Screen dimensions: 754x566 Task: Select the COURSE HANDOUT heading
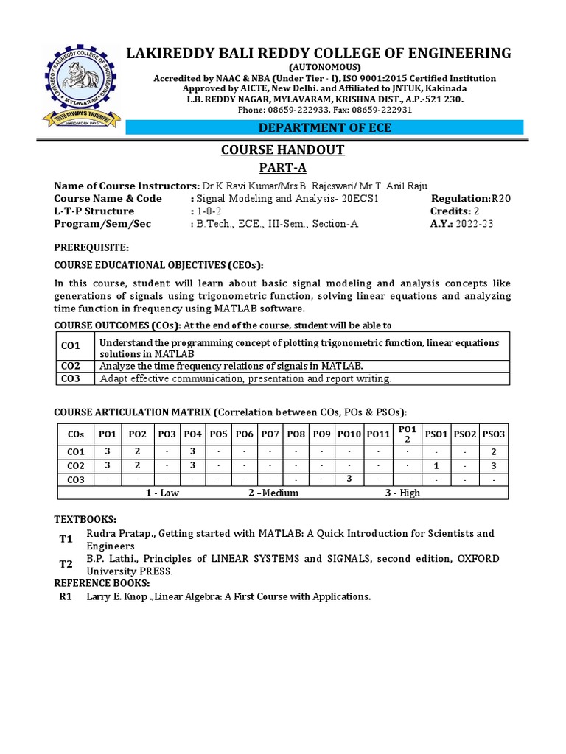283,150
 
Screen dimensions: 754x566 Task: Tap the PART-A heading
283,169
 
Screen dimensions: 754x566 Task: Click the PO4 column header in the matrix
193,434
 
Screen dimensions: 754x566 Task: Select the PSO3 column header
493,434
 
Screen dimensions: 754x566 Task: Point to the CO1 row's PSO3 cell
493,451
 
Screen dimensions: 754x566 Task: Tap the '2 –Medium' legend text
273,493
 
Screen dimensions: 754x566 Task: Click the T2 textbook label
66,564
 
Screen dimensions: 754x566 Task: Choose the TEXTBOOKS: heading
86,519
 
